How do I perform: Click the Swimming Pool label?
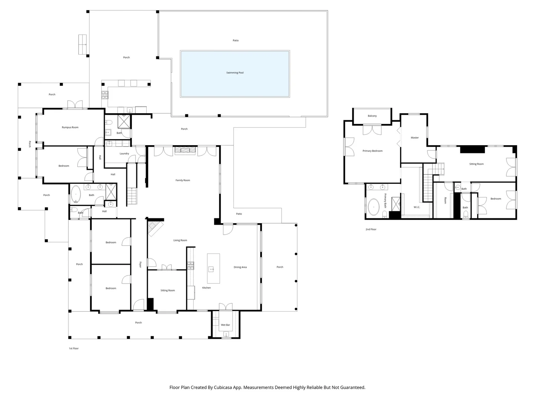click(235, 72)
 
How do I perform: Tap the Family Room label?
click(182, 180)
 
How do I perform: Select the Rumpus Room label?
click(70, 127)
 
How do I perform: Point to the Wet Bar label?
click(225, 325)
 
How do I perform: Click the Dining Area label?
click(240, 267)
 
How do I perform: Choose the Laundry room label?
click(124, 154)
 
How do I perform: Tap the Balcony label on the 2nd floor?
click(372, 116)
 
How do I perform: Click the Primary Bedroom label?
click(372, 151)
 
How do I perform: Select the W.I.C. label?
click(416, 207)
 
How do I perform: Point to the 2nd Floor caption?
click(371, 229)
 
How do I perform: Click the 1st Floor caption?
click(74, 348)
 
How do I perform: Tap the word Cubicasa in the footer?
click(223, 387)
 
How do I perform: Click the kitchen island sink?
click(211, 269)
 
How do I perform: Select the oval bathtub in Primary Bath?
click(373, 207)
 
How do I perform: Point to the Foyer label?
click(140, 265)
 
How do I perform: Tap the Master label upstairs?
click(415, 137)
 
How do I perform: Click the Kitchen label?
click(206, 287)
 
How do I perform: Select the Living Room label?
click(180, 240)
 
